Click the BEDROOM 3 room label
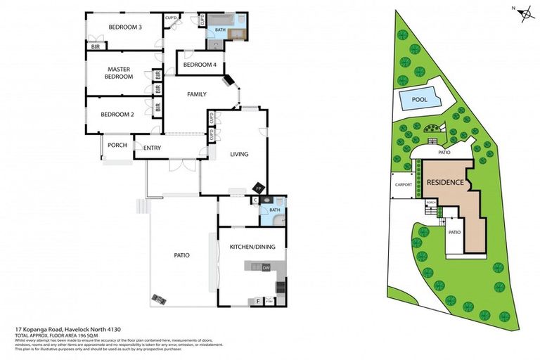125,27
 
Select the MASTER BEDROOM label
120,73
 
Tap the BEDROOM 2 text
117,115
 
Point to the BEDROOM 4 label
200,65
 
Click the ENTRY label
153,148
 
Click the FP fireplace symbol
259,189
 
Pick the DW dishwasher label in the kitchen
266,268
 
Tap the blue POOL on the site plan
420,100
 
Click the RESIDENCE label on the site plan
445,183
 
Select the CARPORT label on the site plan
404,186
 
